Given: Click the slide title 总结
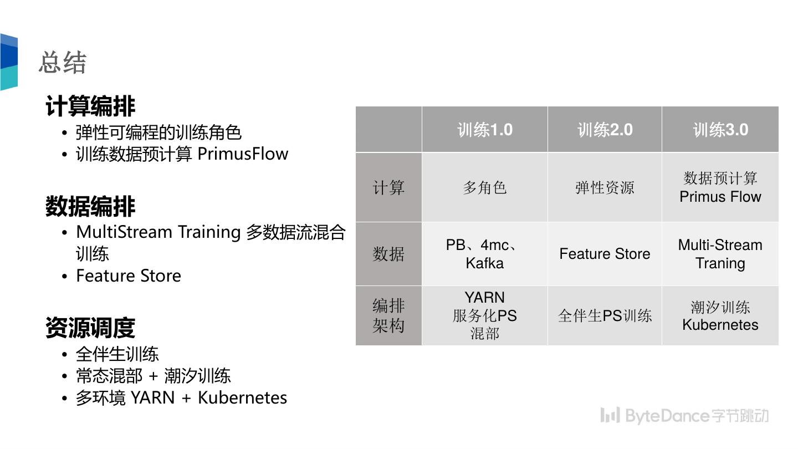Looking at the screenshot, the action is [x=63, y=63].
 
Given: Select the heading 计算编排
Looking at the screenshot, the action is [x=90, y=106].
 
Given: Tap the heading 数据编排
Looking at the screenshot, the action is [x=90, y=206].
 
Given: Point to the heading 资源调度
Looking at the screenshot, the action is [x=90, y=327].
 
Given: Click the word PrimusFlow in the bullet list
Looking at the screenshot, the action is [x=243, y=154].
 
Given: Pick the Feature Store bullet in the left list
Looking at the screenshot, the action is [x=129, y=276].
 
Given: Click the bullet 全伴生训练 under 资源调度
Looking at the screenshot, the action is [x=117, y=354].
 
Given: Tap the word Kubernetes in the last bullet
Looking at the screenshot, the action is [x=242, y=398].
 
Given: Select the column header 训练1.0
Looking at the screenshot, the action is [x=485, y=130].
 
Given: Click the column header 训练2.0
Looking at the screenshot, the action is [x=605, y=130].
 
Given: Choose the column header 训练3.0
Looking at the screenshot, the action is [x=720, y=130].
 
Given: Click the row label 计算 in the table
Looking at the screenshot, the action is [x=388, y=188].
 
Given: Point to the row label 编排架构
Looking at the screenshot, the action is [x=388, y=315].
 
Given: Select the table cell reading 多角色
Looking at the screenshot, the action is [x=485, y=188].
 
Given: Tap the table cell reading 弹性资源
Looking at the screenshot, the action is [x=605, y=188].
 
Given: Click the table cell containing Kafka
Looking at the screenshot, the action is [x=485, y=254].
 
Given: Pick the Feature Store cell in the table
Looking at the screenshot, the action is [x=605, y=254].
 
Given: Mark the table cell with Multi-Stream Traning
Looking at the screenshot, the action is [x=720, y=254].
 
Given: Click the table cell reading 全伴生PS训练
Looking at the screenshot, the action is [x=605, y=315].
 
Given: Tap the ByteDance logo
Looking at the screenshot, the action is [x=684, y=415].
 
